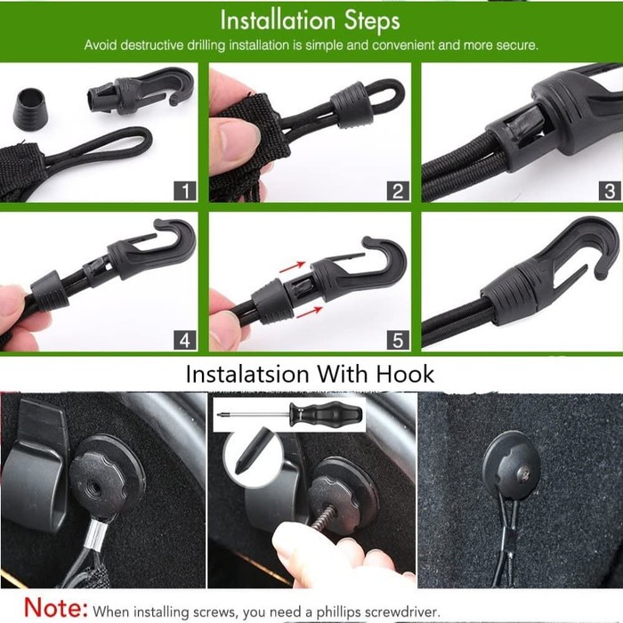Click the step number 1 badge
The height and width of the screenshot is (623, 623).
(x=185, y=191)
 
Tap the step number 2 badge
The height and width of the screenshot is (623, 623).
(x=398, y=191)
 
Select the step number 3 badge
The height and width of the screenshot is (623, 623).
(x=610, y=191)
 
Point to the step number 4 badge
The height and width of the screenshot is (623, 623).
(x=185, y=341)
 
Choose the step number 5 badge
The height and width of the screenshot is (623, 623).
(x=398, y=341)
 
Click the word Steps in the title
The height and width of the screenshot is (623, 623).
(x=372, y=21)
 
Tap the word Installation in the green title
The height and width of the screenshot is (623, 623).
(x=278, y=20)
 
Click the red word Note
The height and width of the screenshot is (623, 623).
(x=55, y=607)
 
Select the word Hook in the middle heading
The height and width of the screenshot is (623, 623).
(x=405, y=374)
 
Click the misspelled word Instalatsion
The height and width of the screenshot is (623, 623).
(x=247, y=374)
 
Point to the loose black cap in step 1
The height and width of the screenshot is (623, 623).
(x=30, y=106)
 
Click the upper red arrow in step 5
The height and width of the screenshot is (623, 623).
(x=292, y=267)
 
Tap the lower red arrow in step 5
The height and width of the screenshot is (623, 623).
(x=309, y=312)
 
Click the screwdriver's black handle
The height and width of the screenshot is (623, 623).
(x=326, y=414)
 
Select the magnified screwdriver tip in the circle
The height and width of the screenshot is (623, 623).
(x=251, y=451)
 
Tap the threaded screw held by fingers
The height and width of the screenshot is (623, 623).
(x=325, y=517)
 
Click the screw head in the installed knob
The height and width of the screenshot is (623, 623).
(x=524, y=473)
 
